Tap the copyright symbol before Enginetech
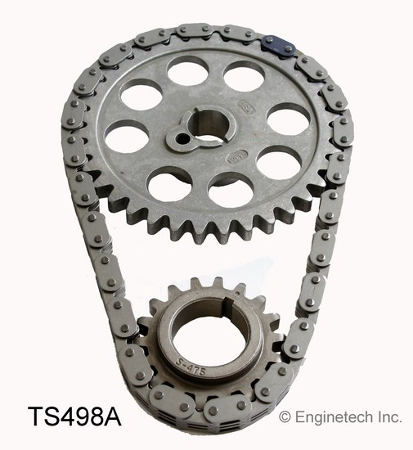285,417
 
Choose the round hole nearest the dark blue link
244,78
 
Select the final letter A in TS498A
112,418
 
